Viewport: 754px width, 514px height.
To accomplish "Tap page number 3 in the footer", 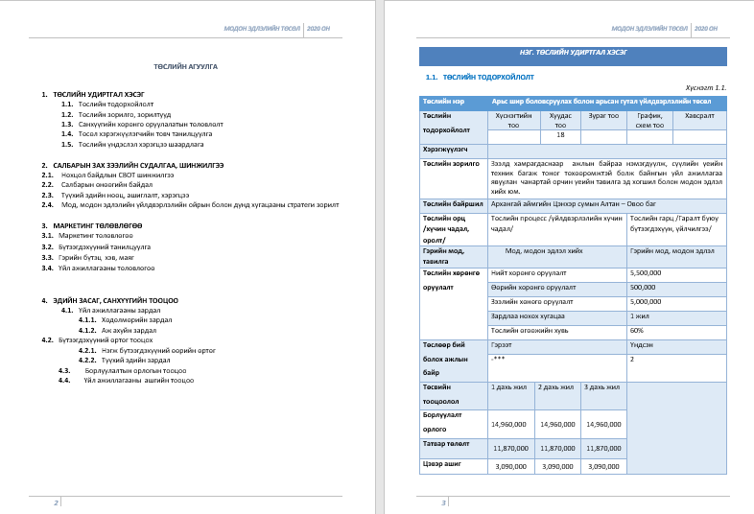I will (x=443, y=502).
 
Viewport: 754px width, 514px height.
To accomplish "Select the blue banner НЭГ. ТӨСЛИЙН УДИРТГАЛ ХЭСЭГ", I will (x=573, y=56).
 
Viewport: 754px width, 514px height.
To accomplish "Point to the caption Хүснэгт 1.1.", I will (x=706, y=87).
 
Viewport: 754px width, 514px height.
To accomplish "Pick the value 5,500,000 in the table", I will (x=646, y=273).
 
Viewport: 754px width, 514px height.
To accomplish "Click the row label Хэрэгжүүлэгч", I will (x=446, y=150).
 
